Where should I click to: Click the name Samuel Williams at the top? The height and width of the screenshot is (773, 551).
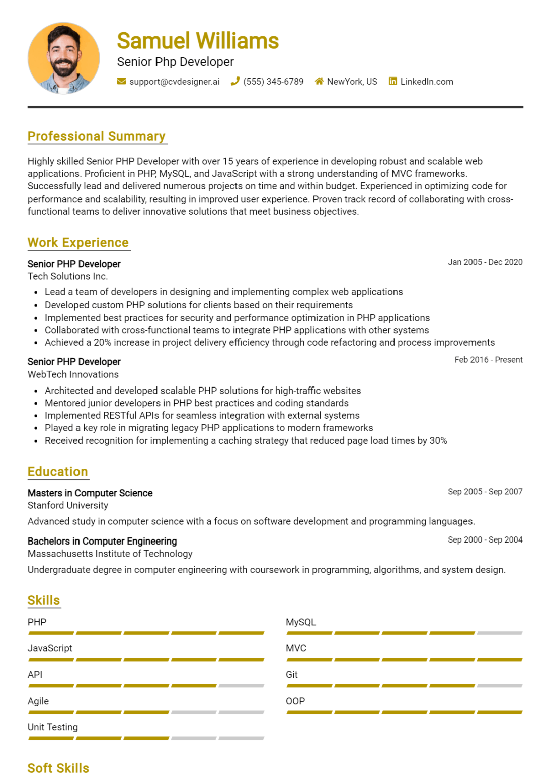(198, 41)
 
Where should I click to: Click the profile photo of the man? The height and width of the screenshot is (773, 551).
(63, 58)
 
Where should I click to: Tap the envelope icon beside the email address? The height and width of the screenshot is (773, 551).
(121, 81)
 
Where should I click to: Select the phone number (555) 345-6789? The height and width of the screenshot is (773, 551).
(273, 82)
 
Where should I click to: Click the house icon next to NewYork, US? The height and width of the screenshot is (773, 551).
(319, 81)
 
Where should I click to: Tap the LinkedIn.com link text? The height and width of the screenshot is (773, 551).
(427, 82)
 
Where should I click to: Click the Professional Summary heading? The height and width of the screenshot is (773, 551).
(96, 136)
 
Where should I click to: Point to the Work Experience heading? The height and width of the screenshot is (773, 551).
(78, 243)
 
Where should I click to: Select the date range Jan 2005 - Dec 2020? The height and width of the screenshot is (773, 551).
(485, 262)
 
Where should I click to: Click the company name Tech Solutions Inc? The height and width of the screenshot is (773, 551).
(67, 276)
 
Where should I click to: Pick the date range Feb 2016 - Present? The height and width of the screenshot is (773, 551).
(489, 360)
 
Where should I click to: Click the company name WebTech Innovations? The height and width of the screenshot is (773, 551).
(73, 374)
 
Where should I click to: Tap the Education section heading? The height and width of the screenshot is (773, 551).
(57, 472)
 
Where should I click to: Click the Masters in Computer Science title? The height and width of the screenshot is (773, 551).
(90, 493)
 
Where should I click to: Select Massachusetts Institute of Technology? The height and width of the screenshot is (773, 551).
(110, 554)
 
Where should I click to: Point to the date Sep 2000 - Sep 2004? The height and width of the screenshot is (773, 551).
(485, 540)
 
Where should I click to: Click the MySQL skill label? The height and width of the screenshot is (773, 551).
(301, 622)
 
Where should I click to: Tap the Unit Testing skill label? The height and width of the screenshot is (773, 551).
(53, 727)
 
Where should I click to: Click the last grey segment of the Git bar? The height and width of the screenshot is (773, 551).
(500, 686)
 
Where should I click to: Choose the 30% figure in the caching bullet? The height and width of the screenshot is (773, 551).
(438, 441)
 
